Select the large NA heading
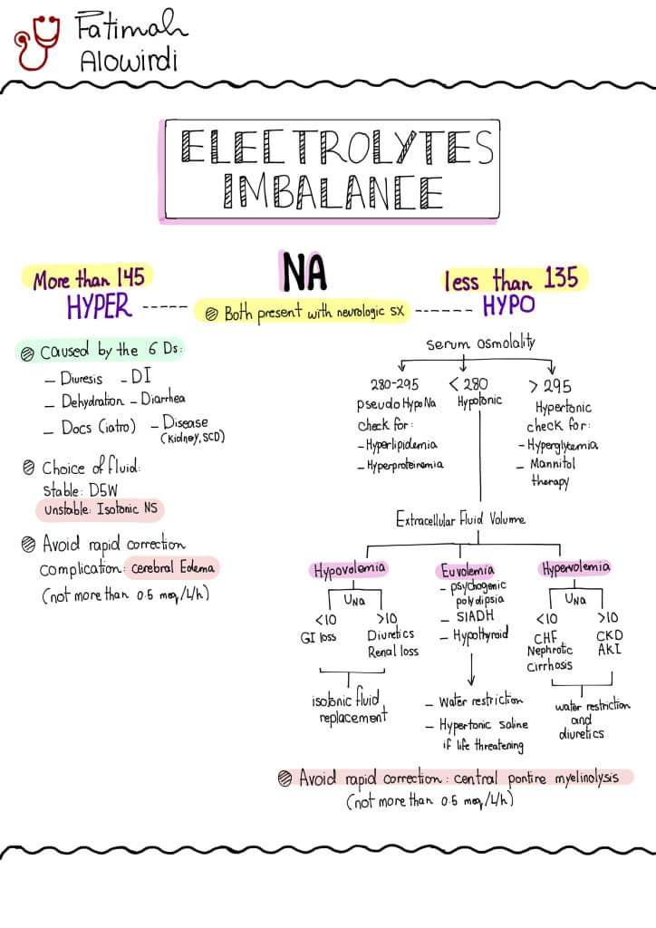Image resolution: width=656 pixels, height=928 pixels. coord(304,271)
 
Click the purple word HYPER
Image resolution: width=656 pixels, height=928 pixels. coord(100,308)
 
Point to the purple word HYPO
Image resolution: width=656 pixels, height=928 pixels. coord(508,306)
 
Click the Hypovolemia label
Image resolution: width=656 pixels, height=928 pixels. coord(350,570)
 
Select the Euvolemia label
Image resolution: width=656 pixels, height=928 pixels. coord(468,570)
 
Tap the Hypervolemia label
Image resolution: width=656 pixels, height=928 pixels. coord(575,568)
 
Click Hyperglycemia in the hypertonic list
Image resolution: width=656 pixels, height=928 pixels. coord(563,445)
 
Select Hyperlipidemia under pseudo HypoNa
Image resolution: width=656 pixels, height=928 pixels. coord(398,445)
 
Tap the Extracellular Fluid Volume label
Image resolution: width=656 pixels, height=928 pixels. coord(459,520)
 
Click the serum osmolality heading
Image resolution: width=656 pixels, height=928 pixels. coord(480,343)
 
